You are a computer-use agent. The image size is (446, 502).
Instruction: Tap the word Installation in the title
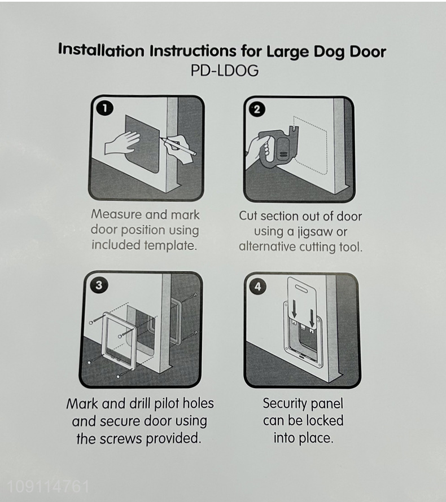101,50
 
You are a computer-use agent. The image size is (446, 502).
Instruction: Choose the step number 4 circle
258,286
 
